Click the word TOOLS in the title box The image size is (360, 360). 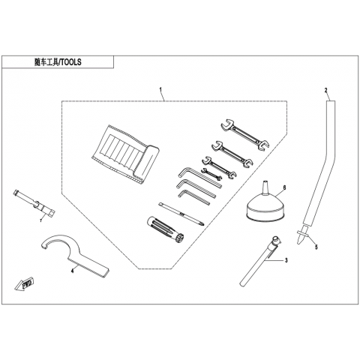71,62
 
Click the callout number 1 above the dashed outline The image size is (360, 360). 160,89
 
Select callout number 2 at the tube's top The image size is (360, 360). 325,90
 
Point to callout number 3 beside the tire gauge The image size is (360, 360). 286,260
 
